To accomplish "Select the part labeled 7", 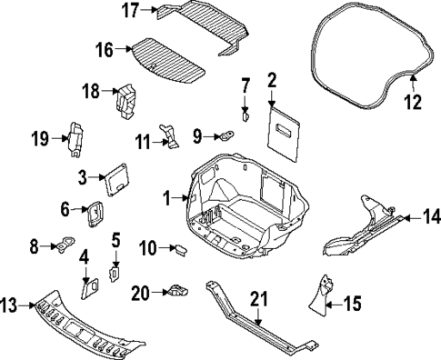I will (x=245, y=115).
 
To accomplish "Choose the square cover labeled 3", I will (x=116, y=176).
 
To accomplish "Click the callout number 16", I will (x=105, y=49).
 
